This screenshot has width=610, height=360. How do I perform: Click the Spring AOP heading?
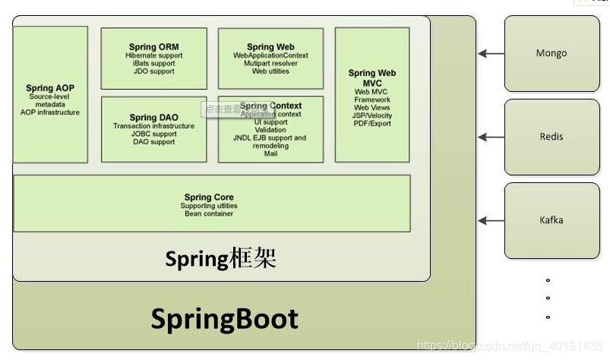click(50, 88)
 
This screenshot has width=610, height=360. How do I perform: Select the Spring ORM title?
click(153, 47)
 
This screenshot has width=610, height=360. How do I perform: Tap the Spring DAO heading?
click(153, 118)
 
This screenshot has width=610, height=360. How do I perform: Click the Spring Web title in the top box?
click(270, 47)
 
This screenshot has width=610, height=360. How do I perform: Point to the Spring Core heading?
click(209, 197)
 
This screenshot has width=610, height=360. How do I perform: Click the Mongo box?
click(551, 53)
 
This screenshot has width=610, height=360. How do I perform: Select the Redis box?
click(551, 137)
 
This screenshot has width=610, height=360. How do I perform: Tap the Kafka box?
click(551, 220)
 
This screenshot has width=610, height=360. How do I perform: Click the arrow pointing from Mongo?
click(491, 53)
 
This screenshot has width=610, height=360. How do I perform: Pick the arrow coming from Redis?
click(491, 137)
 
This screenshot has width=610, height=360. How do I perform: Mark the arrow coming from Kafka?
click(491, 220)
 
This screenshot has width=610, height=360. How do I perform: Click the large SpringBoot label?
click(224, 318)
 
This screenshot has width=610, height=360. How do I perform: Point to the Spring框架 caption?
click(220, 259)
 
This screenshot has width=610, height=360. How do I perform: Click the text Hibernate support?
click(153, 55)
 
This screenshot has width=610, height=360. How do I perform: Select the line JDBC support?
click(153, 134)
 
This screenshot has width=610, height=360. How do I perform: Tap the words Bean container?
click(209, 213)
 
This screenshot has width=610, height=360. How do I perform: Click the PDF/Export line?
click(372, 123)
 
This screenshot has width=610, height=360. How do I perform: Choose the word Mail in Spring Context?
click(270, 153)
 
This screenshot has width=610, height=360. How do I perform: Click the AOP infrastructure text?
click(50, 112)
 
